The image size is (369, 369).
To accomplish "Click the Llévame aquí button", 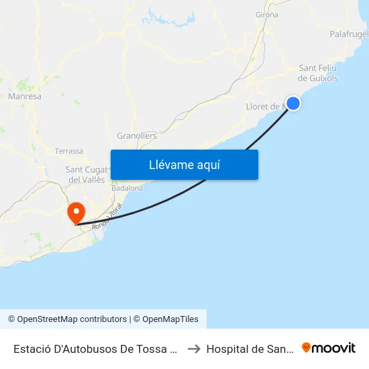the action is click(184, 164).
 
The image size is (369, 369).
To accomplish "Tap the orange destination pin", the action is click(76, 213).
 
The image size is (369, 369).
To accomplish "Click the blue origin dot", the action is click(293, 103).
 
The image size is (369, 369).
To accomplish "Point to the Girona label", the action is click(266, 14).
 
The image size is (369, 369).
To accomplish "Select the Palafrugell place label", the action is click(349, 34).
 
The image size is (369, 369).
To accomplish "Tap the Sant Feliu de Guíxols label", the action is click(318, 72).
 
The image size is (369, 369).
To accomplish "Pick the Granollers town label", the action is click(137, 136).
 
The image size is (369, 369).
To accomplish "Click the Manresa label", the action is click(25, 97).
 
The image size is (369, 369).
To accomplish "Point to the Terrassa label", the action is click(69, 151).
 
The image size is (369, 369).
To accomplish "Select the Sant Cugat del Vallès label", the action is click(85, 174).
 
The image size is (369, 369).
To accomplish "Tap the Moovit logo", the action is click(329, 348).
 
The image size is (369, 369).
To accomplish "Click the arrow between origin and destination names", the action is click(193, 349).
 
